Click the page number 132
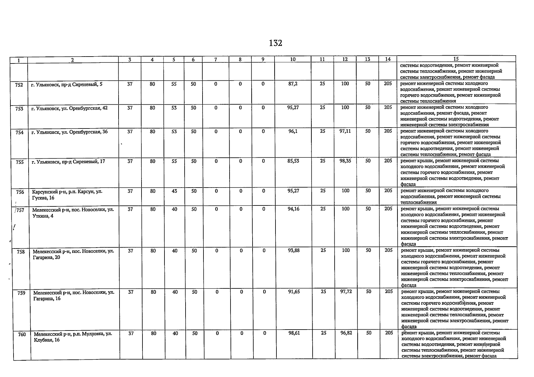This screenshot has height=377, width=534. [275, 43]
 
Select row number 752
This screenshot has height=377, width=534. [19, 85]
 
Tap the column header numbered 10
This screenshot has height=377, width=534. [292, 59]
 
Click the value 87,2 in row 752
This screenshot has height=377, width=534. [293, 84]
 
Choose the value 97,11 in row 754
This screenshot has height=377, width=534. [345, 131]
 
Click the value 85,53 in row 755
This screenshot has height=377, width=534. [293, 161]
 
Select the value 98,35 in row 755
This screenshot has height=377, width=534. [345, 161]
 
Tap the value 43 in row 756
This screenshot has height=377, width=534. [174, 191]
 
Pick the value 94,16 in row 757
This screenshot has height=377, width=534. [293, 209]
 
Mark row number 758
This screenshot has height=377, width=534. [21, 252]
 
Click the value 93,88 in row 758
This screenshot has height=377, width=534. [294, 250]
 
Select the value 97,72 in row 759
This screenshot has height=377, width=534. [346, 292]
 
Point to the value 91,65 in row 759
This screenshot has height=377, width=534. [294, 292]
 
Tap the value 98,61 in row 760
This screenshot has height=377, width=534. [294, 333]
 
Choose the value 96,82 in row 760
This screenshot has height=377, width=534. [346, 333]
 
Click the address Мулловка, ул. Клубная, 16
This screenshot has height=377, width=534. [73, 337]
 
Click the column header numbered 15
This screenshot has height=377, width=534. [456, 59]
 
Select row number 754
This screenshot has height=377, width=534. [19, 133]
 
